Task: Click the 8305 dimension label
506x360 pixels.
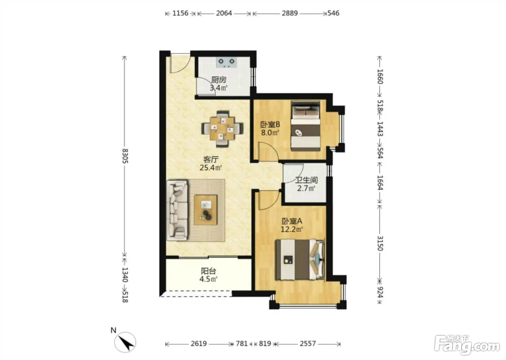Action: (x=125, y=156)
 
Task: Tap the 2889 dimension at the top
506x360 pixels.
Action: (x=290, y=13)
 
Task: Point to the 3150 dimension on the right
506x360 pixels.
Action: (x=380, y=243)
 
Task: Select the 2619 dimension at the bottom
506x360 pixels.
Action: (x=198, y=343)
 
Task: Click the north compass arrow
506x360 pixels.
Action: (x=125, y=342)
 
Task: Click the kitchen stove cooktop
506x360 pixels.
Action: (x=226, y=62)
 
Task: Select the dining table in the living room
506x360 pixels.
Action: (x=222, y=129)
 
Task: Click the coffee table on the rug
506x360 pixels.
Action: (x=206, y=210)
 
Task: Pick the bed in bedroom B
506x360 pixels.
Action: (x=306, y=126)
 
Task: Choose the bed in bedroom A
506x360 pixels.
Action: (x=300, y=260)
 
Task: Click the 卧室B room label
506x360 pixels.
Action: (x=270, y=124)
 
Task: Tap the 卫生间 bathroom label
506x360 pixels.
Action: (x=306, y=180)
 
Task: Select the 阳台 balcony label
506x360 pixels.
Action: (x=209, y=271)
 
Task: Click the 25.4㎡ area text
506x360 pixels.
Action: (x=210, y=168)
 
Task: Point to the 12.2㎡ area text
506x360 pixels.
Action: (x=292, y=229)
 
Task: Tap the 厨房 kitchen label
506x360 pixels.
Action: (x=219, y=80)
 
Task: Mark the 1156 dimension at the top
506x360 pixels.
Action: (x=180, y=13)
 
